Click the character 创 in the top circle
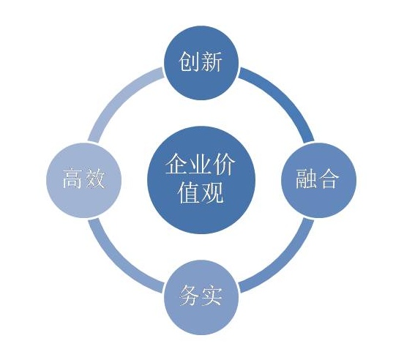click(x=190, y=61)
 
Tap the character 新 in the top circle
click(x=212, y=61)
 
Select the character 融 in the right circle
click(x=306, y=179)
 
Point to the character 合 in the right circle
click(x=327, y=179)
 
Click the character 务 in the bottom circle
click(x=190, y=296)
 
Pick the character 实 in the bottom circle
click(x=212, y=296)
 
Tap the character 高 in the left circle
click(x=73, y=179)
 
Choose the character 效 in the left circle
click(x=95, y=179)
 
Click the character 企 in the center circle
click(x=176, y=164)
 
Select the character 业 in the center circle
click(x=201, y=164)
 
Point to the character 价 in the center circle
click(x=224, y=164)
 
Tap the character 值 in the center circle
click(x=189, y=192)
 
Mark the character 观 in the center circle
click(x=212, y=192)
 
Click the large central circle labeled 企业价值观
click(x=201, y=180)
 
